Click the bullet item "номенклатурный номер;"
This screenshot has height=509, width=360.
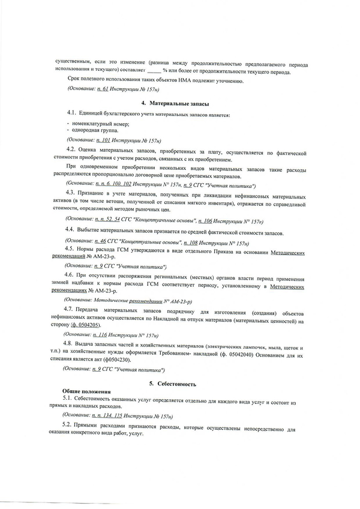(x=96, y=123)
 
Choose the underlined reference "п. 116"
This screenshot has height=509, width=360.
(x=103, y=334)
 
